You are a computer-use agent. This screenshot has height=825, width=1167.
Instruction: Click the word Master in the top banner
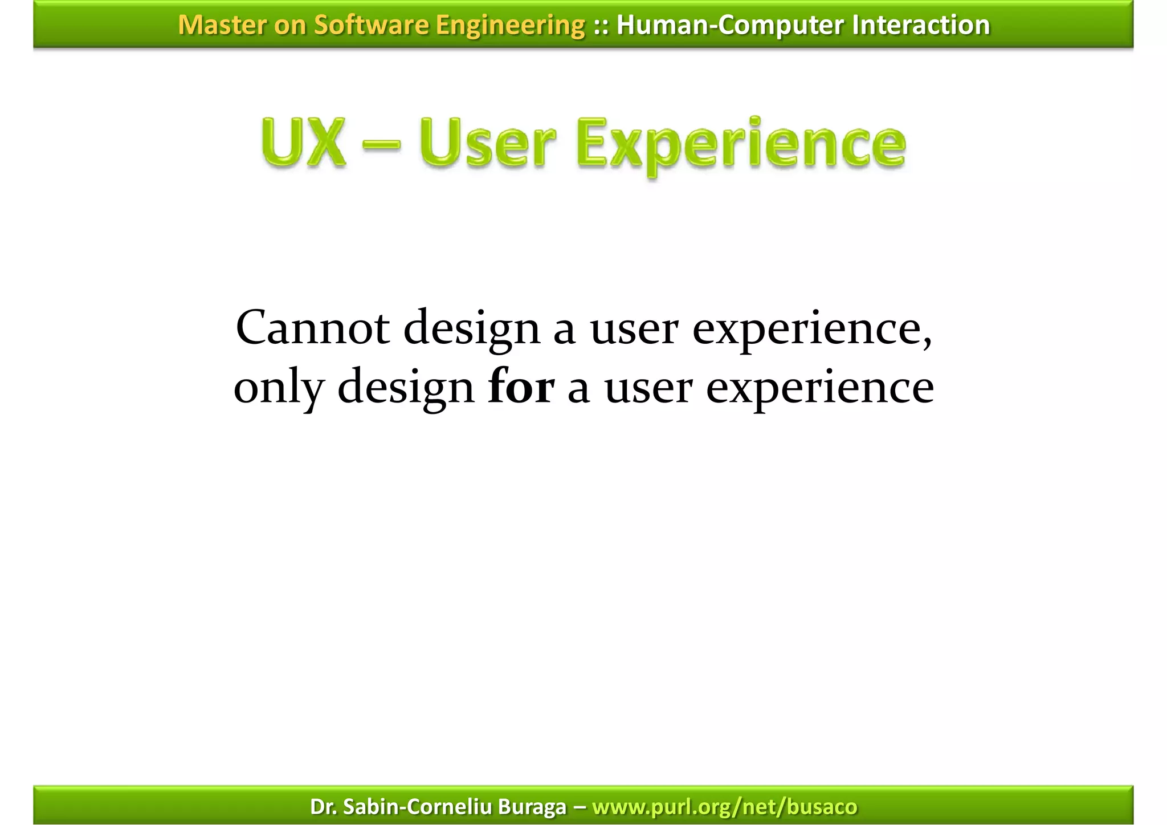pos(221,25)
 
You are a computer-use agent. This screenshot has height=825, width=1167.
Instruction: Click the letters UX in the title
pos(304,143)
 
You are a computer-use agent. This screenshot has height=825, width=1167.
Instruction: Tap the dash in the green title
pos(381,145)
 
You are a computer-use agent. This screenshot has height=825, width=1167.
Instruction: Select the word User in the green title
pos(487,143)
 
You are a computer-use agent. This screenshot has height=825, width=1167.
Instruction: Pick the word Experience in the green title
pos(741,145)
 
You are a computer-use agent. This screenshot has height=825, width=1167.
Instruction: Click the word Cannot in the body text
pos(312,328)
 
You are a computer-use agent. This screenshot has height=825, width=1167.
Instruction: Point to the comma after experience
pos(927,342)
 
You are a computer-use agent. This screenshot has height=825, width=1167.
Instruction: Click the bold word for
pos(521,387)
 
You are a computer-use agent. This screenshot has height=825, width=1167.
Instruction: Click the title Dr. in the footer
pos(323,807)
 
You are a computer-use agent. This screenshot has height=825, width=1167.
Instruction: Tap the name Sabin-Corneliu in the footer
pos(418,807)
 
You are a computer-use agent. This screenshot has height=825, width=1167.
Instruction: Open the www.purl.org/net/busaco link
pos(724,807)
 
